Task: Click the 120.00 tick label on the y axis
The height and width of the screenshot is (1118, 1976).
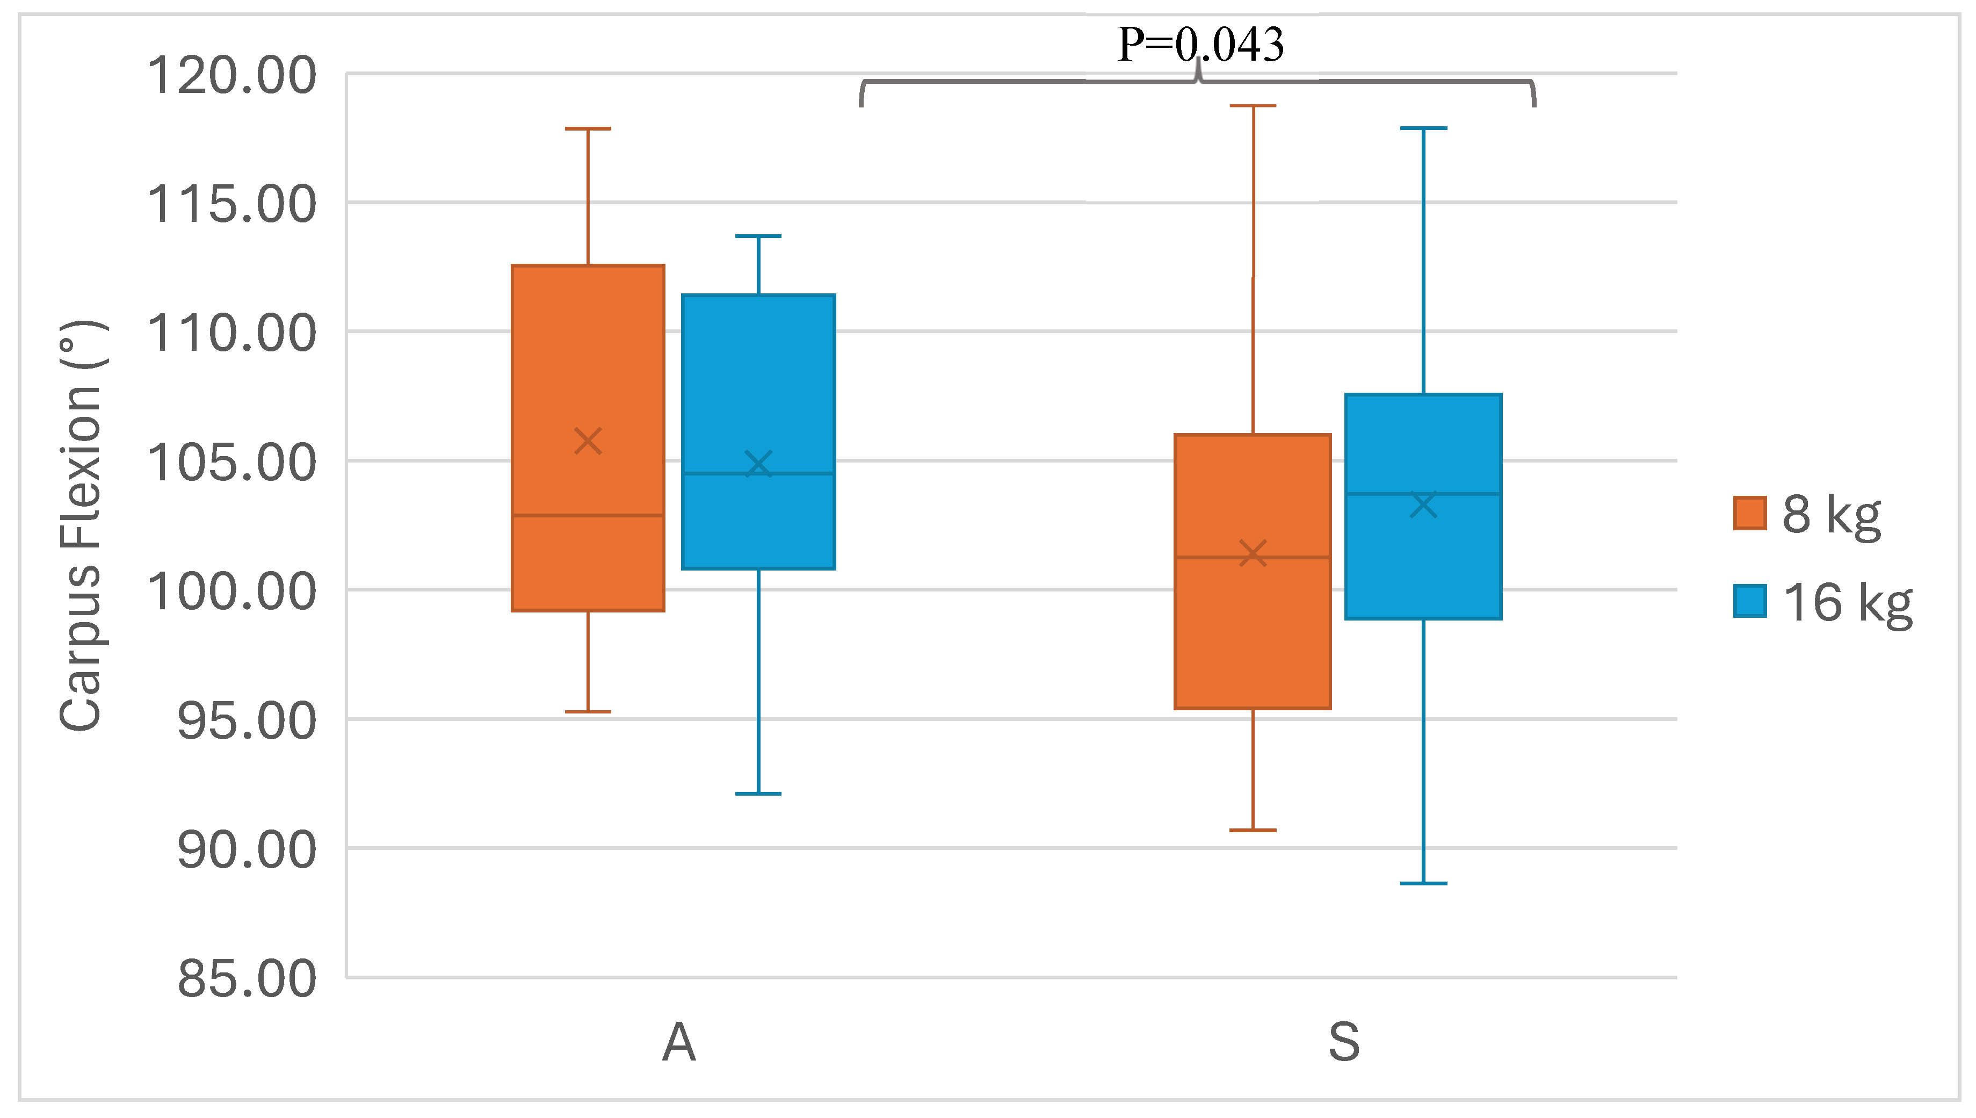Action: tap(231, 76)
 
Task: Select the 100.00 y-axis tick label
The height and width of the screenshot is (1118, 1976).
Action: tap(231, 592)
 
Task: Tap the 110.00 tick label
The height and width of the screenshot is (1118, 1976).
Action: tap(231, 334)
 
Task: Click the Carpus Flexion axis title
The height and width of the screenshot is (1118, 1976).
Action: tap(81, 525)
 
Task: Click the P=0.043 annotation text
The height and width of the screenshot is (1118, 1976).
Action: tap(1200, 45)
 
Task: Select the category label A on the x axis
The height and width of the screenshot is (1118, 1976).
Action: tap(678, 1043)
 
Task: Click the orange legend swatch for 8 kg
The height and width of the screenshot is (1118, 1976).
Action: tap(1749, 514)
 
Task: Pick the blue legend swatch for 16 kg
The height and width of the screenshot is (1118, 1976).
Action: tap(1749, 601)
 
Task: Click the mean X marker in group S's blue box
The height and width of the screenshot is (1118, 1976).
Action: tap(1423, 505)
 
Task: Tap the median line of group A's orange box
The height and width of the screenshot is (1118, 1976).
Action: tap(588, 515)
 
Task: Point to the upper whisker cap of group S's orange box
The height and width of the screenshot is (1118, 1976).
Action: tap(1253, 106)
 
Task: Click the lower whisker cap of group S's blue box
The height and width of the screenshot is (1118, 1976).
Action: tap(1423, 884)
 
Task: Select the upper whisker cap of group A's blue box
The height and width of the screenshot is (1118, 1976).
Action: tap(758, 236)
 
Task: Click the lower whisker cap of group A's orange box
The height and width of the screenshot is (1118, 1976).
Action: tap(588, 712)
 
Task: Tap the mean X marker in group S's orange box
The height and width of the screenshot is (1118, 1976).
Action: tap(1253, 553)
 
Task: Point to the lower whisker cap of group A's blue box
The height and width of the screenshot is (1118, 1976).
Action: tap(758, 793)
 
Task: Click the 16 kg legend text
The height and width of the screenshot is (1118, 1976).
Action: tap(1847, 603)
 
